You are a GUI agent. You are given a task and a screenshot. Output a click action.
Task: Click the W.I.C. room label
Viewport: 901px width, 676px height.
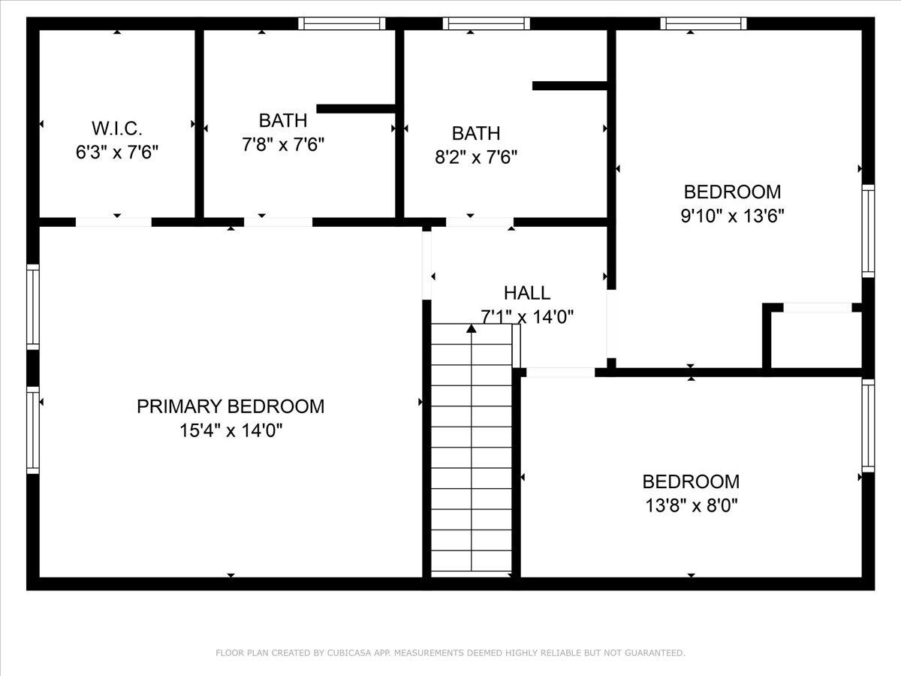point(116,128)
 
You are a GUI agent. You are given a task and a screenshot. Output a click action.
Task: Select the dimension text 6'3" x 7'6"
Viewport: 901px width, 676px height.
point(116,152)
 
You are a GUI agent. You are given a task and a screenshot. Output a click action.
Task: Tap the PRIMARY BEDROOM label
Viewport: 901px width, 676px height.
point(231,406)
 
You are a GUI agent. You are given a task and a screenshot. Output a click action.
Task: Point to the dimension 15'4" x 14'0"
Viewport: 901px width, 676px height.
point(231,431)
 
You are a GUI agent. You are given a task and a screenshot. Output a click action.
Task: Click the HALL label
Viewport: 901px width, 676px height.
point(526,293)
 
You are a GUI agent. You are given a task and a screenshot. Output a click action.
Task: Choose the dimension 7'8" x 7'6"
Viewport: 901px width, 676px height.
point(283,145)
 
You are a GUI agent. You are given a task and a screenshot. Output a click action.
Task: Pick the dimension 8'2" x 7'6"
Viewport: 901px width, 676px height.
point(475,158)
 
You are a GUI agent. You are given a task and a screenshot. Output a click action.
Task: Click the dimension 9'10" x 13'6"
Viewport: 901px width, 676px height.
point(732,216)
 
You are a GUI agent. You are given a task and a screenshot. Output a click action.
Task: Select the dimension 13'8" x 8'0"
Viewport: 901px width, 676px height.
point(690,505)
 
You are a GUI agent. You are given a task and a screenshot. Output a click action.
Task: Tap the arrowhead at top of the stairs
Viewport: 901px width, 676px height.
point(472,328)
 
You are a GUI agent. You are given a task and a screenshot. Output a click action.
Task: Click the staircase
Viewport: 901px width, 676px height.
point(472,451)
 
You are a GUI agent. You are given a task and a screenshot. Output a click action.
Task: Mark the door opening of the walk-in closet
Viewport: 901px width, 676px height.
point(113,222)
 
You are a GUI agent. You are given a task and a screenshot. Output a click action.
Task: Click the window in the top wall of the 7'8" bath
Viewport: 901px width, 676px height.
point(342,23)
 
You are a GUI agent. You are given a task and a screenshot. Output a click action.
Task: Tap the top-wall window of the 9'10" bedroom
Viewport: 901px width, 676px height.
point(704,23)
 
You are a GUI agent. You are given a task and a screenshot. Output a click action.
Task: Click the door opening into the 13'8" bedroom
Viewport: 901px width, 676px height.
point(560,372)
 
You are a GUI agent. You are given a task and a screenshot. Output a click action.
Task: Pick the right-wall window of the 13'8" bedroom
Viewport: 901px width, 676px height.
point(868,425)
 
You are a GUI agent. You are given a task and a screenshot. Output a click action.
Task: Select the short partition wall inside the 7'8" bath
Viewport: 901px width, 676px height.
point(356,109)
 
